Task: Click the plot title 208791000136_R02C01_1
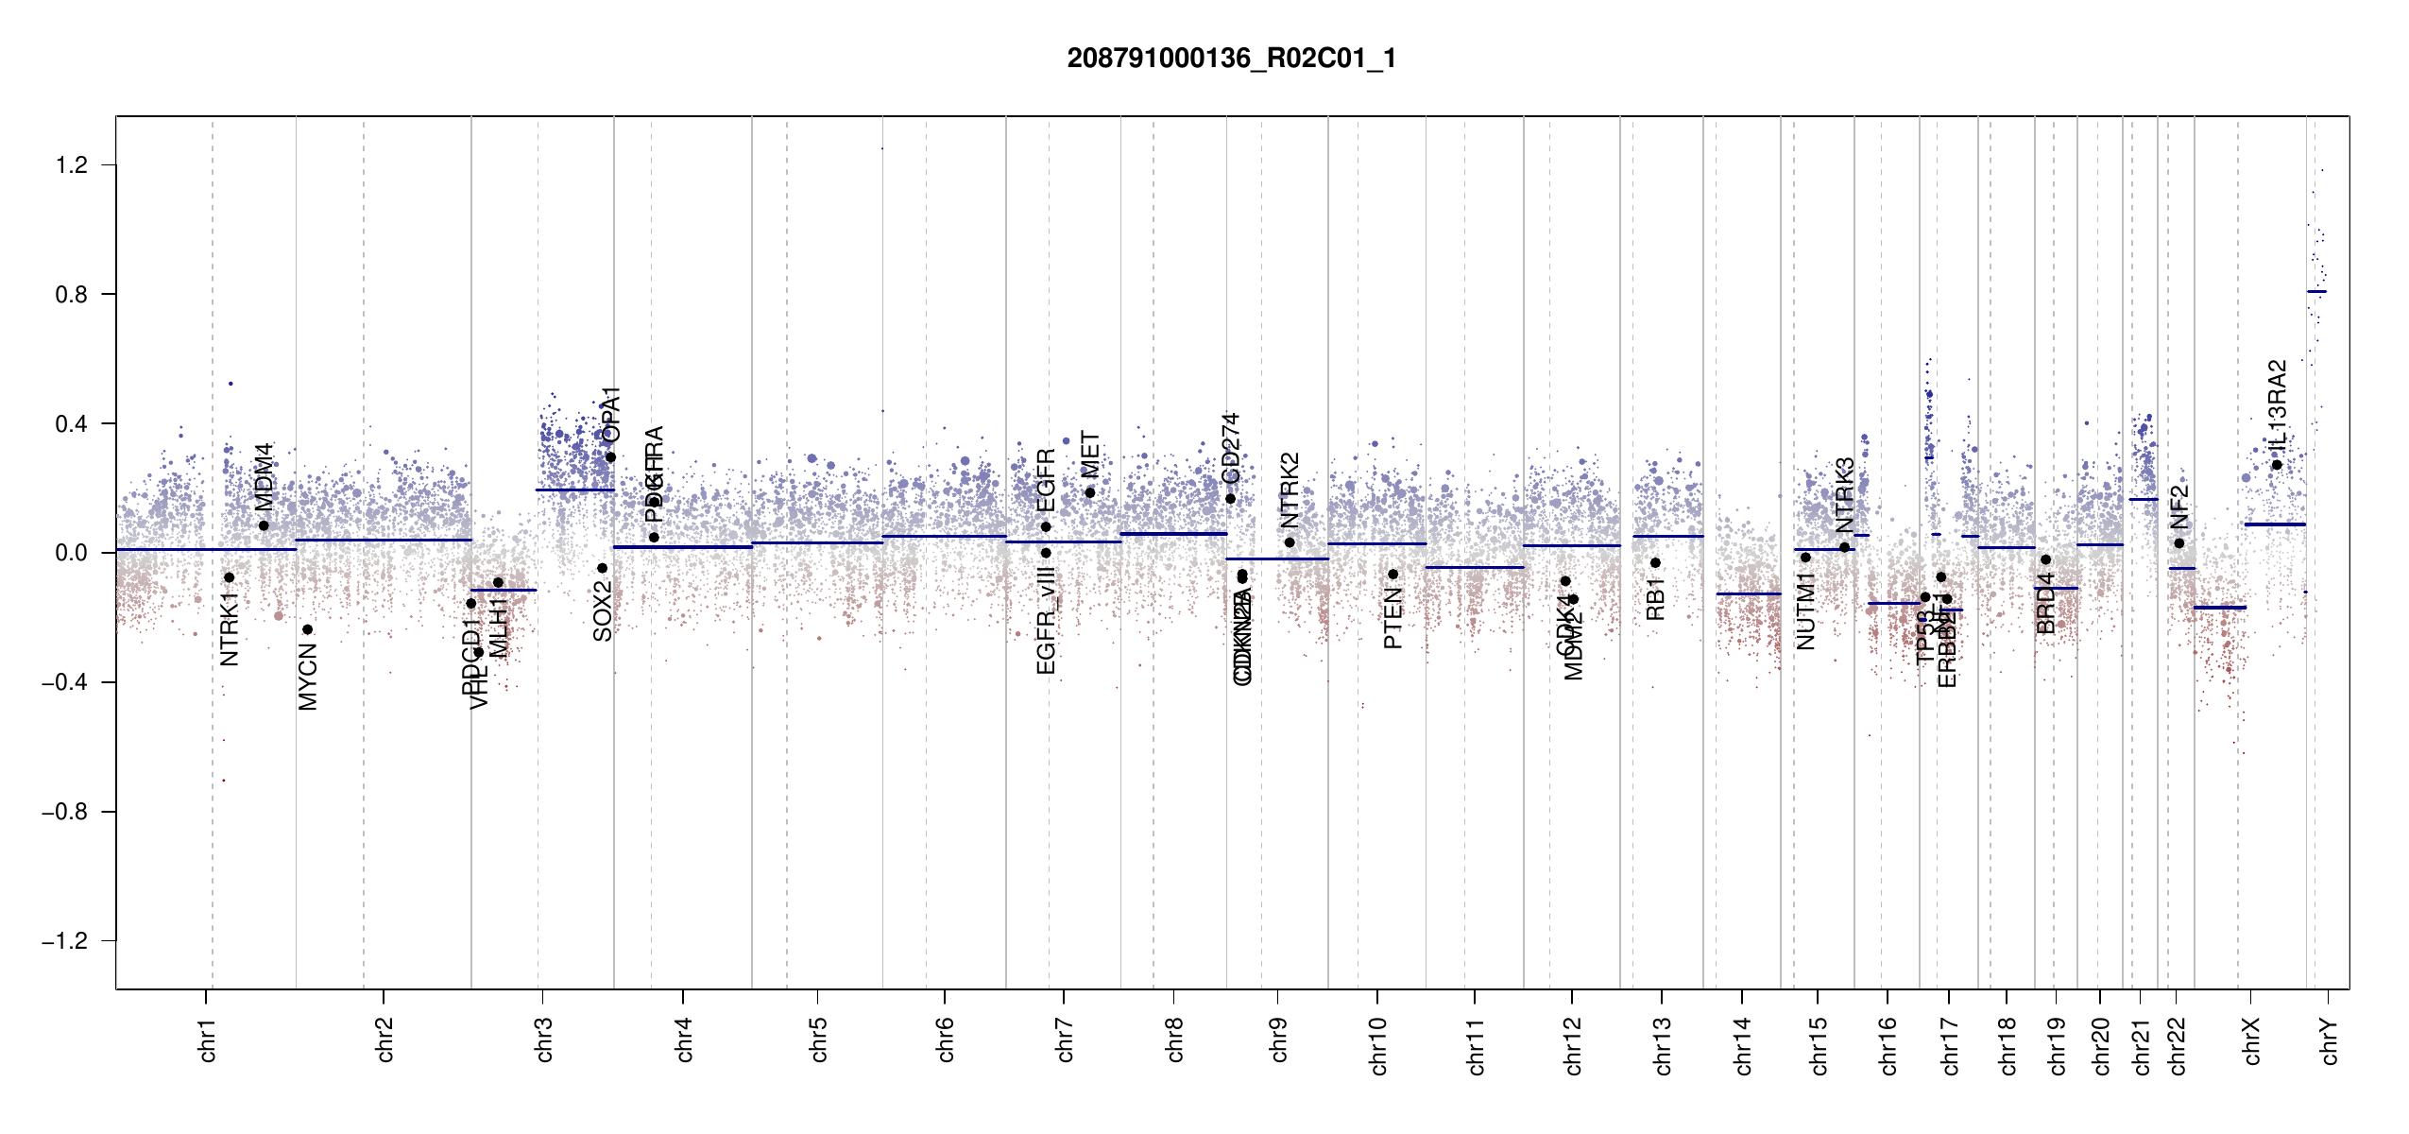(1231, 59)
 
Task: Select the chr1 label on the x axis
(208, 1039)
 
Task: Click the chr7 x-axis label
(1065, 1039)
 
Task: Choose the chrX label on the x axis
(2252, 1040)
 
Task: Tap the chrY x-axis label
(2330, 1040)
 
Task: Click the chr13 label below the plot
(1663, 1045)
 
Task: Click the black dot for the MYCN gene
(307, 629)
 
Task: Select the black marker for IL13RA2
(2277, 465)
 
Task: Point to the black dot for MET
(1089, 492)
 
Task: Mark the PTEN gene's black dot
(1392, 575)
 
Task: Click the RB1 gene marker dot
(1655, 563)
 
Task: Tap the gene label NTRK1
(230, 629)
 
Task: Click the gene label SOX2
(603, 611)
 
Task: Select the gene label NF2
(2178, 507)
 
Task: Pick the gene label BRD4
(2045, 603)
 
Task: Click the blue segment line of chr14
(1748, 593)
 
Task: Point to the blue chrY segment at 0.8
(2316, 292)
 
